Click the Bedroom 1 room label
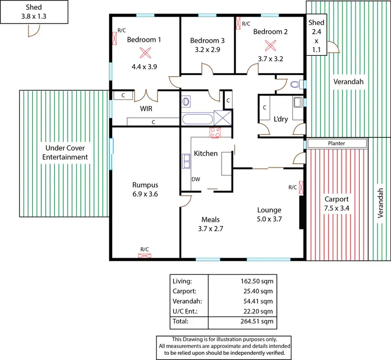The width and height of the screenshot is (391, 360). point(144,39)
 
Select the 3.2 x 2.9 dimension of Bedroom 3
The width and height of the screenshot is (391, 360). point(207,51)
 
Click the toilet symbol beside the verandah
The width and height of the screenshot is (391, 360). point(295,83)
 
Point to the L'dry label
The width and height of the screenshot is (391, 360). point(281,119)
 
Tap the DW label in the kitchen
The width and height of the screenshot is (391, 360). point(196,179)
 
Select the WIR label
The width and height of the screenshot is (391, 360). point(146,109)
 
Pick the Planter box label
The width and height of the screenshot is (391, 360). point(336,143)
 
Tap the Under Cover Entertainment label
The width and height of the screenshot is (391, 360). point(65,152)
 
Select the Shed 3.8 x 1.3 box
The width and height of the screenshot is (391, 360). point(34,11)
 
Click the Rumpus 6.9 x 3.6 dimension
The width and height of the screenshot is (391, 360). point(145,194)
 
